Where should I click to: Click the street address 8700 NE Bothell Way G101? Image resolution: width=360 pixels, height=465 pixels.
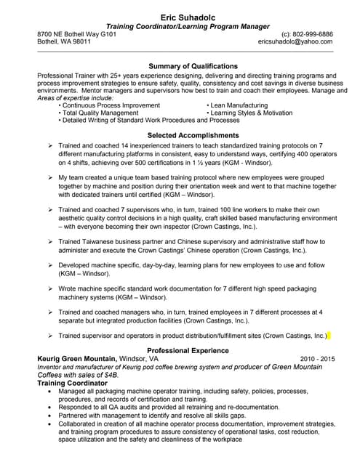click(76, 34)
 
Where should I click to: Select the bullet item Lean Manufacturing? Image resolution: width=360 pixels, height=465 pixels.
click(240, 105)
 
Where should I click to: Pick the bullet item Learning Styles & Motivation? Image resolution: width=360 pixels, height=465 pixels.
click(252, 113)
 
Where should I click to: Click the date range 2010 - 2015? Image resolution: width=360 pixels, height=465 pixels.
click(317, 359)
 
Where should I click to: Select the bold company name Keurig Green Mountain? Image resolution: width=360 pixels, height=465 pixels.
click(76, 359)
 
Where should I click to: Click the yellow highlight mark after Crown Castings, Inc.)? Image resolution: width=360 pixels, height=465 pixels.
click(329, 336)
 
